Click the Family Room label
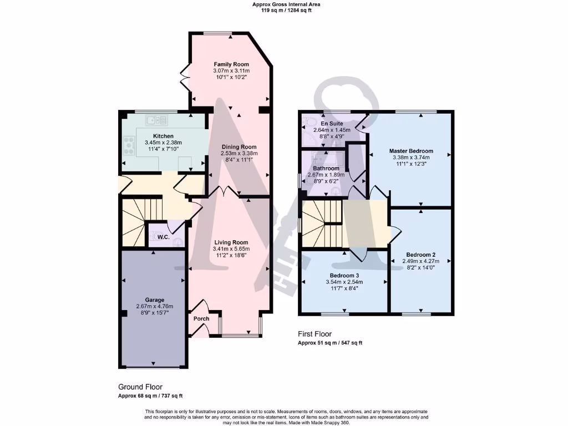(x=231, y=64)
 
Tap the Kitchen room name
(x=163, y=136)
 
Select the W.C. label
(x=163, y=237)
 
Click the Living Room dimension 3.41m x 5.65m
(x=231, y=249)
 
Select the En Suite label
(x=332, y=123)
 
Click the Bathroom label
(x=326, y=168)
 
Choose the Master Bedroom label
(x=410, y=150)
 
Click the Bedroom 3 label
(x=344, y=275)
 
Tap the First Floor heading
(x=315, y=334)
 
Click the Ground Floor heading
(x=140, y=387)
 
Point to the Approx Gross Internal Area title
(x=286, y=4)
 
